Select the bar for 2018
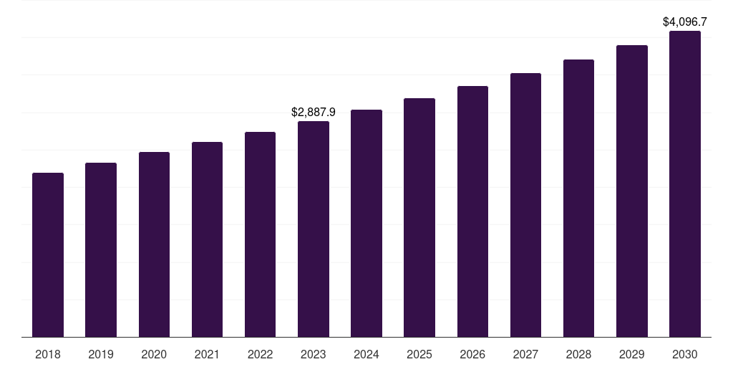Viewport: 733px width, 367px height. [48, 254]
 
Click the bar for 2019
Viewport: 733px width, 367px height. [101, 249]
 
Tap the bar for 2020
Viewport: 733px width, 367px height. [154, 244]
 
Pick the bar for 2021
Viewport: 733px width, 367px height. [207, 239]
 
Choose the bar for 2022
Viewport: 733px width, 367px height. [260, 234]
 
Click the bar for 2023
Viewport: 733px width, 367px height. [314, 229]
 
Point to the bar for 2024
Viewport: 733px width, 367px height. [366, 223]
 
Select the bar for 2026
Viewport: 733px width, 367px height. [472, 211]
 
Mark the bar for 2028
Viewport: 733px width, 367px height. [578, 198]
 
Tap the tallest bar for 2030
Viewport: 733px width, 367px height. [685, 183]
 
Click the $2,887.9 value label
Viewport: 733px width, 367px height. [314, 112]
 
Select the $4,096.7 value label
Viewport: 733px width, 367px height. [685, 22]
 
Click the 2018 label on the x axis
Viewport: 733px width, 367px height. [48, 354]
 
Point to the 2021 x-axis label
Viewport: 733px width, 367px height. [207, 354]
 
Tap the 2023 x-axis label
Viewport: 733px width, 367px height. [314, 354]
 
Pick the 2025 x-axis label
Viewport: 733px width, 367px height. [419, 354]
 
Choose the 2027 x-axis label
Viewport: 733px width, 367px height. [525, 354]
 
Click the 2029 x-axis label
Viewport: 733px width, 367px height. [632, 354]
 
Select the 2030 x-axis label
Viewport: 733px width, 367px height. [685, 354]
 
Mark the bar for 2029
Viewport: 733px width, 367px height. [632, 191]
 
